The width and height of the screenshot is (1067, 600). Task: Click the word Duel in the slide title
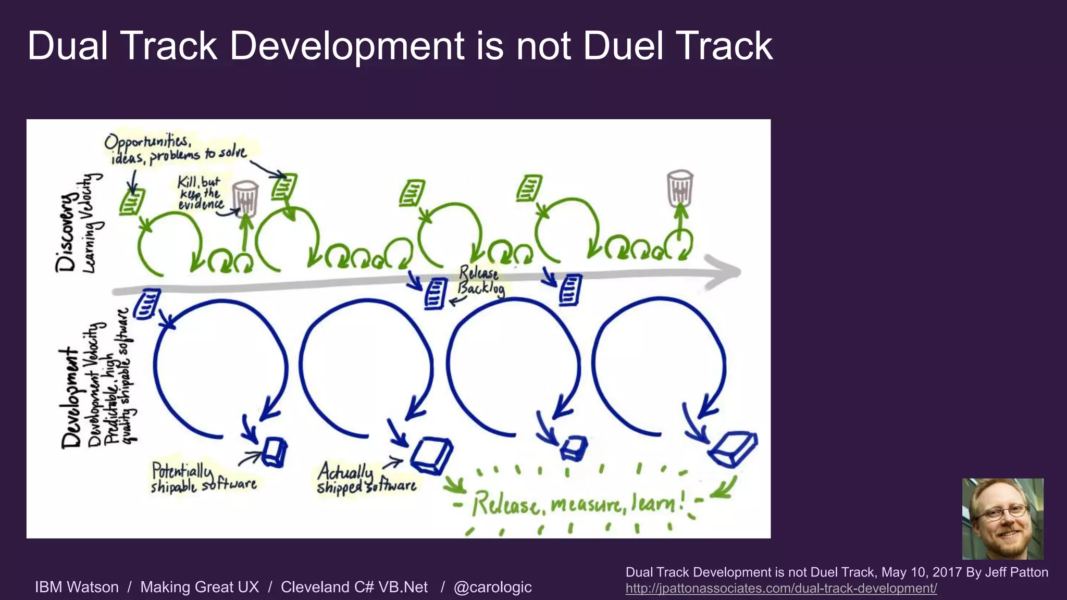(623, 46)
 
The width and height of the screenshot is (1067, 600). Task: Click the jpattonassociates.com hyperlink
(781, 589)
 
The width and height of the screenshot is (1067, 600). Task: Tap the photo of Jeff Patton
(1002, 519)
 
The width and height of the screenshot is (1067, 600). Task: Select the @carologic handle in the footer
(492, 587)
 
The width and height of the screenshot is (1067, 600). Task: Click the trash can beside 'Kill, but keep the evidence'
(245, 198)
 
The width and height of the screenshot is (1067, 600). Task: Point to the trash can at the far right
(680, 187)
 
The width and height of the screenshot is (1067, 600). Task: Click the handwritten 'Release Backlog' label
(480, 281)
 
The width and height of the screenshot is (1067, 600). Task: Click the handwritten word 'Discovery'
(67, 232)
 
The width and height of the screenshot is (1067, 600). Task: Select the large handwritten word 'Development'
(71, 398)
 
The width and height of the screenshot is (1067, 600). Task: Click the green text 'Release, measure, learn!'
(578, 504)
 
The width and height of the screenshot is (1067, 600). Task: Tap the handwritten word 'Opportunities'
(148, 141)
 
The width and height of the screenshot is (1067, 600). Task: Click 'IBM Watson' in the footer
(77, 587)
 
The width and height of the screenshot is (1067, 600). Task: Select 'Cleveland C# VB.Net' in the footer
(354, 587)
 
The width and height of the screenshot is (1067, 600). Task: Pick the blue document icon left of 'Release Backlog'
(436, 294)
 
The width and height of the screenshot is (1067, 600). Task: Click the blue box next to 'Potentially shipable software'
(275, 452)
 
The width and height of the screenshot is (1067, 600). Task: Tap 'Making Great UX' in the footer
(200, 587)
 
